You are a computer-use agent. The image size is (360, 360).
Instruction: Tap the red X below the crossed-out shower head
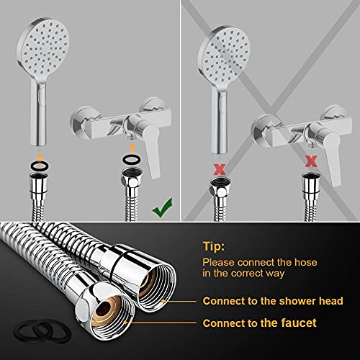tap(220, 169)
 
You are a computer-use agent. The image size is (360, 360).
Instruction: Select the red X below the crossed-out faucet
tap(311, 161)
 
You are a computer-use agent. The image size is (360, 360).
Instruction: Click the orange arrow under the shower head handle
tap(40, 158)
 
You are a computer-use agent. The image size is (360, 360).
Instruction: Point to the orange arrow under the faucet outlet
tap(132, 148)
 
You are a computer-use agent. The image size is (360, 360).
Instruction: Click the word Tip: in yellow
tap(214, 246)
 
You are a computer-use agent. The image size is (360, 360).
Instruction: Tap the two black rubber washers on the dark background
tap(42, 331)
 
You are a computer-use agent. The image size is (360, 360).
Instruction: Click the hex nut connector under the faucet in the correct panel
tap(131, 178)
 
